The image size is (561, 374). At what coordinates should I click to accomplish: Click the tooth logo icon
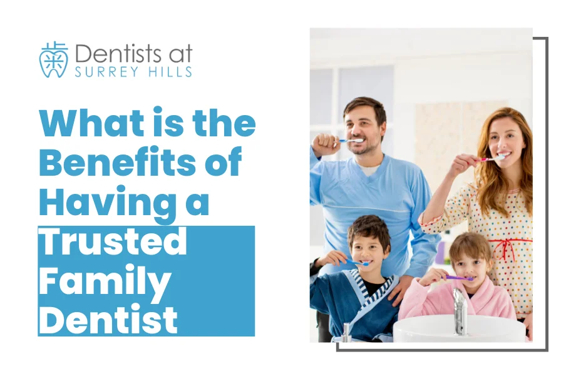pos(53,59)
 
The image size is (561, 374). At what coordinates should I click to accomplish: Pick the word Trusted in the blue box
pos(113,241)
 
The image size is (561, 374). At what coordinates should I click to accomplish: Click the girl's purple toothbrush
pos(458,277)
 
